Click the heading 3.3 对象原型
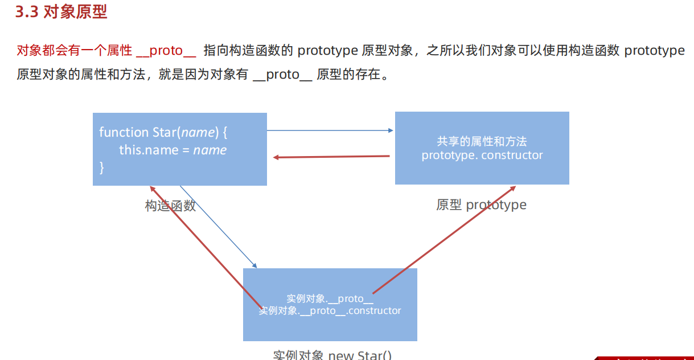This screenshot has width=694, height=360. [x=61, y=13]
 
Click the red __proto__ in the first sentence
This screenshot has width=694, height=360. [x=166, y=51]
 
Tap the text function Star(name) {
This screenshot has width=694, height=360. [x=163, y=132]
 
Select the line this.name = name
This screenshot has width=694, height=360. [x=173, y=150]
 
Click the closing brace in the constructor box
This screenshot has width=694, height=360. [x=102, y=167]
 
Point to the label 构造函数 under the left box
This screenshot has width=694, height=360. [x=170, y=206]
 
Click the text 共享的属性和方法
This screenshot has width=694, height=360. [x=482, y=142]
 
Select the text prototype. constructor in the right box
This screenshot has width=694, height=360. [x=482, y=156]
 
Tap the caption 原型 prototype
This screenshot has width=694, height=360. [x=481, y=205]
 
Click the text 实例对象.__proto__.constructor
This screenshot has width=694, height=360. [x=330, y=311]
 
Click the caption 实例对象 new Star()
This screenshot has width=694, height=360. [x=332, y=354]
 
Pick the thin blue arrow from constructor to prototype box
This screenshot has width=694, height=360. [x=330, y=130]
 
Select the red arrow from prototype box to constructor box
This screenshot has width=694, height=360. [x=331, y=157]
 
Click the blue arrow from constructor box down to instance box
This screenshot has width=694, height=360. [x=219, y=227]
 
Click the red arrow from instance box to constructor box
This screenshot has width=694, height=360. [x=205, y=245]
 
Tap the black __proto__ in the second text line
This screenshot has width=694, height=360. [x=282, y=75]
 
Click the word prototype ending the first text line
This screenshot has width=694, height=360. [x=654, y=51]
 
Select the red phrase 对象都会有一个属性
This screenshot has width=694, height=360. [x=74, y=51]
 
